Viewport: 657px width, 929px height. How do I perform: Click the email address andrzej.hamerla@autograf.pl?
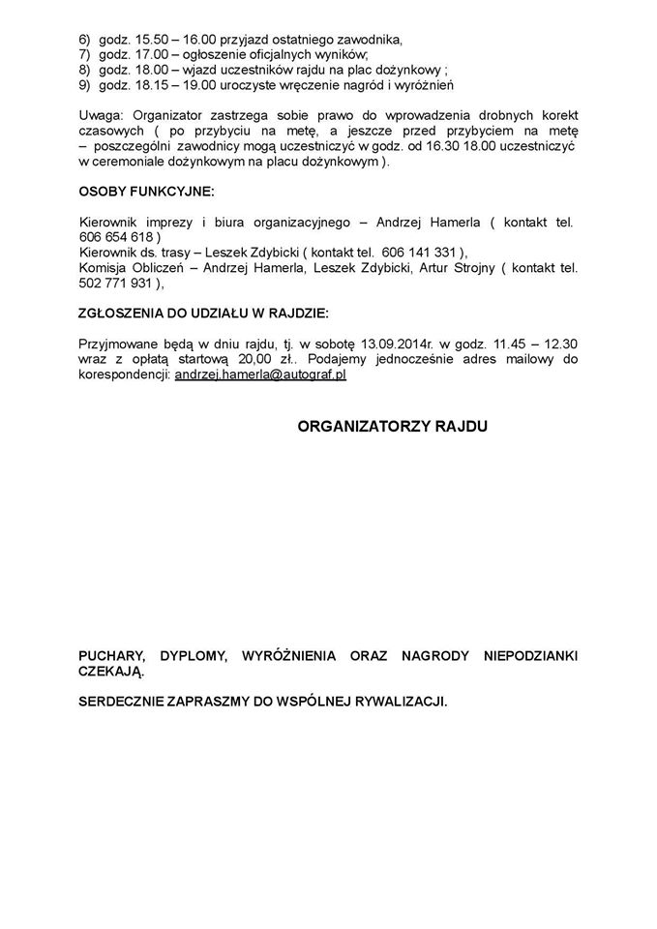(260, 374)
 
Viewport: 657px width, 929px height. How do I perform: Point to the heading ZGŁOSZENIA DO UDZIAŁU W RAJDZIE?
(203, 313)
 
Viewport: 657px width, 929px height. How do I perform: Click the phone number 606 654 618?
(115, 236)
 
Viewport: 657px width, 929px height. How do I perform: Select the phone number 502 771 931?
(115, 284)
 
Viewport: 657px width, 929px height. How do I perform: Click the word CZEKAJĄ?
(111, 672)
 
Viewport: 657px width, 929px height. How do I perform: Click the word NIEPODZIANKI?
(529, 656)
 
